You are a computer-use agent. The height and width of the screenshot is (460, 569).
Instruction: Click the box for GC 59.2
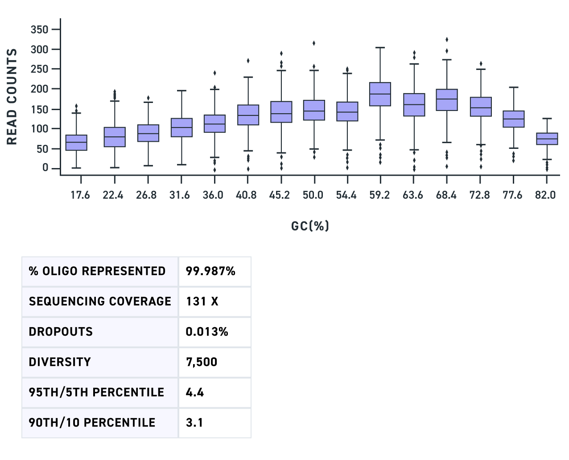(380, 94)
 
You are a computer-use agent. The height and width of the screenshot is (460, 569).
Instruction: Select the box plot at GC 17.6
(76, 143)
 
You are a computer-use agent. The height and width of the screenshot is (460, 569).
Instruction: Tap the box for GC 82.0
(547, 139)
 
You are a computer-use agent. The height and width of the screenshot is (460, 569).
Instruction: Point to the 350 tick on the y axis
(39, 29)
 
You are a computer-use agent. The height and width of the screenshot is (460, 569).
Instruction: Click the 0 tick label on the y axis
(45, 168)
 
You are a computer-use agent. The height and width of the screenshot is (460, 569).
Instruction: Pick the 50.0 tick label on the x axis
(313, 195)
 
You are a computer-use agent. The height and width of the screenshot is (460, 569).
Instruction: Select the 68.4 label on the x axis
(445, 195)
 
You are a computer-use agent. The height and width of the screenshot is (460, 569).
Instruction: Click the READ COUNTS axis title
(12, 97)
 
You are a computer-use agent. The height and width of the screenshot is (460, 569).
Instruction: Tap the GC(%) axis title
(310, 226)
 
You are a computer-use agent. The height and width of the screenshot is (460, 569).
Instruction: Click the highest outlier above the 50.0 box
(314, 43)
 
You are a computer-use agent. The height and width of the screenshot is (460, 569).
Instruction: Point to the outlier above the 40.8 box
(248, 61)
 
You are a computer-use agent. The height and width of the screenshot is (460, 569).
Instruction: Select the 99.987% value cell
(210, 271)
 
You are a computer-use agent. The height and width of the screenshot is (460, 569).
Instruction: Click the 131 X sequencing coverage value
(202, 301)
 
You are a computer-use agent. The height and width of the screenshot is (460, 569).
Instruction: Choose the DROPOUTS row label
(61, 332)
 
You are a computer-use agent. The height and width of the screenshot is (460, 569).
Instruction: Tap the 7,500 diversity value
(202, 362)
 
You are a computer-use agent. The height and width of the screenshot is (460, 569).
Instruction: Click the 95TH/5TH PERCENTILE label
(96, 392)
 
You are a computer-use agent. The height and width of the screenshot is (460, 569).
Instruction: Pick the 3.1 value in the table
(194, 423)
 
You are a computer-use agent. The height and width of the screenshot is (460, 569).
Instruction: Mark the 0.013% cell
(207, 332)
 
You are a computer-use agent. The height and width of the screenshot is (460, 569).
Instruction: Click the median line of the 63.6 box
(414, 105)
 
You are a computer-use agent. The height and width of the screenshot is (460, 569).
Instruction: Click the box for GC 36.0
(214, 123)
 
